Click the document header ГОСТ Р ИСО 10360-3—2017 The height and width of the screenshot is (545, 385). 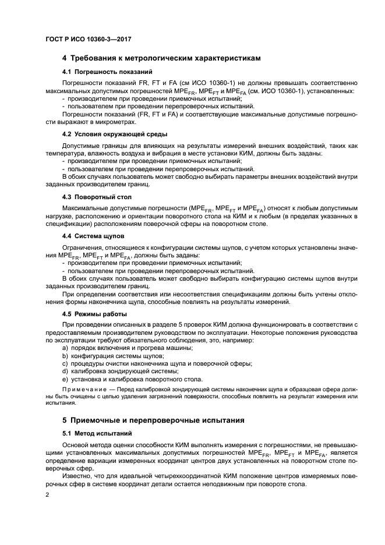[x=88, y=39]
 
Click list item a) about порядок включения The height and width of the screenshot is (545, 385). [x=127, y=348]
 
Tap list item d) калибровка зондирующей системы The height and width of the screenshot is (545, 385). [x=120, y=370]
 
